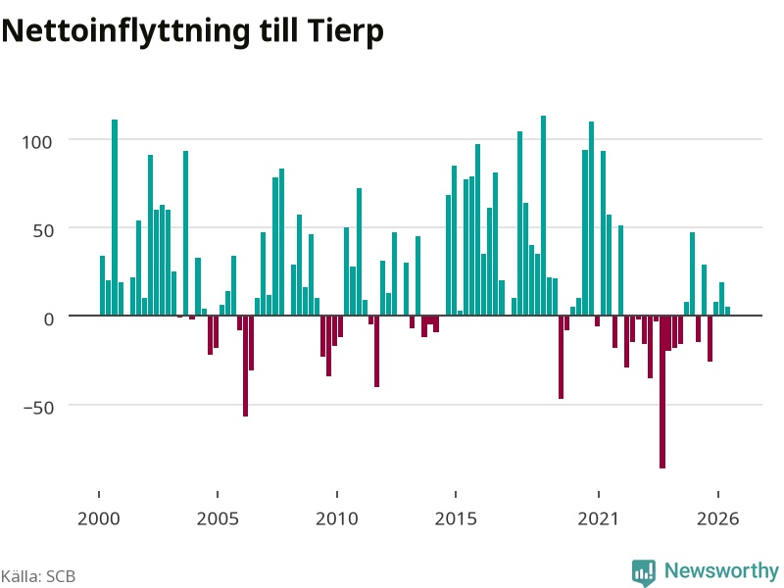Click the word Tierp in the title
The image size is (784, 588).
[x=345, y=32]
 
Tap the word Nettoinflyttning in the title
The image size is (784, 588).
[x=125, y=32]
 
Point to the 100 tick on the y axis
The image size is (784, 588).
[x=36, y=142]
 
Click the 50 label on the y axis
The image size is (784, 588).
[x=42, y=230]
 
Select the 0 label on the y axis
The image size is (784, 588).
[x=48, y=319]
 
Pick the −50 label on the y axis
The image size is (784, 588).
[x=38, y=408]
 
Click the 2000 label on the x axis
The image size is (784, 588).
[x=99, y=518]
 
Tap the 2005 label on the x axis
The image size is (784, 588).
[x=218, y=518]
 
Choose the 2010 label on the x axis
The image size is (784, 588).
[x=337, y=518]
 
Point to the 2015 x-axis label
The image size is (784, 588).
[x=456, y=518]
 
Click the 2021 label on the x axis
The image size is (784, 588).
[x=599, y=518]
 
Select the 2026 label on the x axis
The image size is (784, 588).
[x=718, y=518]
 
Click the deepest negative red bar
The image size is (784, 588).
[x=662, y=392]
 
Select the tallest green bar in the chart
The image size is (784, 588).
[x=544, y=216]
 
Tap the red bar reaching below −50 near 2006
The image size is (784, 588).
[x=246, y=366]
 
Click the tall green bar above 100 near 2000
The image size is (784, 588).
[x=115, y=218]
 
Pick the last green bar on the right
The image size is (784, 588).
[x=727, y=311]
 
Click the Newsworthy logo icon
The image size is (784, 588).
[x=644, y=572]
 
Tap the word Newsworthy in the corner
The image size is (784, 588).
[x=721, y=570]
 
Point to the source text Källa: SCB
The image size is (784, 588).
[x=38, y=576]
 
